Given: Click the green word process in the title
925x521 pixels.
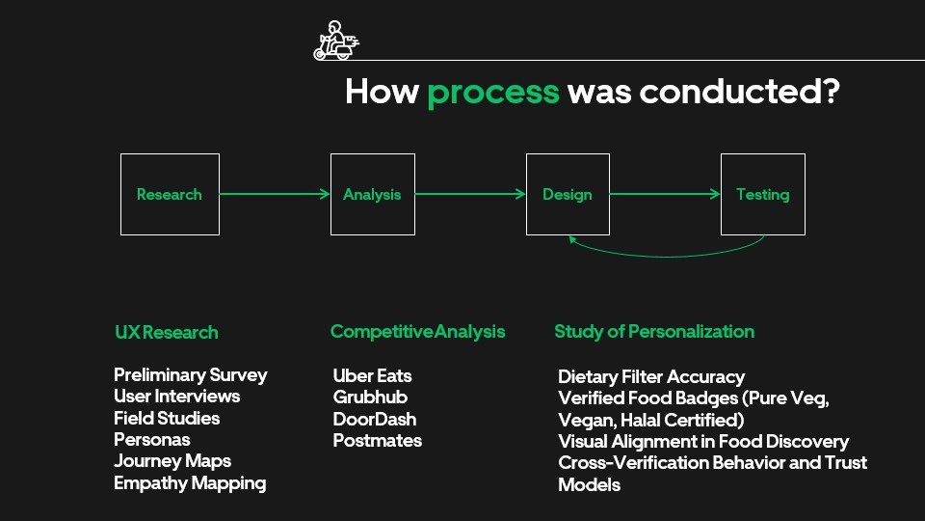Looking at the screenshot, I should click(x=492, y=92).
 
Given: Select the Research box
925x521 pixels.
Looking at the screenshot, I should click(x=170, y=194).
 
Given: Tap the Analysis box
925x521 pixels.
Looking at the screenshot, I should click(x=372, y=194).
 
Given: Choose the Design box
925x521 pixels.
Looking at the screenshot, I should click(x=568, y=194).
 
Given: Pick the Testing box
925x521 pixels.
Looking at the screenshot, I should click(x=762, y=194).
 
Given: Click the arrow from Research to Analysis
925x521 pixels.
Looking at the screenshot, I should click(x=275, y=194).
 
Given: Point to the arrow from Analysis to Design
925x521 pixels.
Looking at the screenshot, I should click(x=470, y=194).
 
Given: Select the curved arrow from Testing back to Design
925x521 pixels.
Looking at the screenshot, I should click(x=665, y=255).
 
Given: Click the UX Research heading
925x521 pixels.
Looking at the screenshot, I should click(x=166, y=332).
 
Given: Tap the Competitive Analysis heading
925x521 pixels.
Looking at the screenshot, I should click(x=417, y=331).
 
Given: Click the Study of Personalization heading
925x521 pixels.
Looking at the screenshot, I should click(x=654, y=331).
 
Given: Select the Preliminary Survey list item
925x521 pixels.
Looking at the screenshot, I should click(x=190, y=374).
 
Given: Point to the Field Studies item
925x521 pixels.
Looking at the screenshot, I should click(x=167, y=418).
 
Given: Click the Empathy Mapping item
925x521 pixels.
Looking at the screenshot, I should click(x=190, y=482).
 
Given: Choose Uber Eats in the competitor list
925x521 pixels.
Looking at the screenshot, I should click(x=372, y=375).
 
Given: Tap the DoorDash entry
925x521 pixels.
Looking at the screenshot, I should click(x=375, y=419).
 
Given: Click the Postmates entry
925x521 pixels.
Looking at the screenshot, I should click(x=377, y=440).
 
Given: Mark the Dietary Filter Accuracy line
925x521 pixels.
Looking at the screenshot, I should click(x=651, y=376).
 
